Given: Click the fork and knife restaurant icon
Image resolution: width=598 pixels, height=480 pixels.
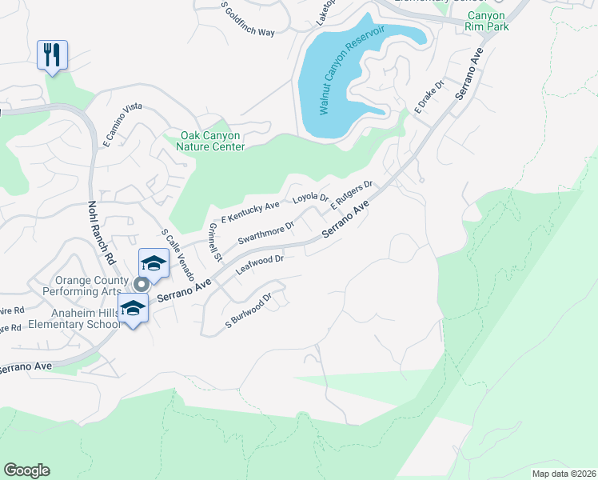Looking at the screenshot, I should pos(52,55).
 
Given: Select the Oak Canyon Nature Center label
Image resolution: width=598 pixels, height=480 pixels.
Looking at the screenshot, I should pos(201,141).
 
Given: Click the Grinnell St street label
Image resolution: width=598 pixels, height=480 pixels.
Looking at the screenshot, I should pos(213,242).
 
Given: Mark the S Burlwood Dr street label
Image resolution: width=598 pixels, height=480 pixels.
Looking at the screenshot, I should pos(249,310).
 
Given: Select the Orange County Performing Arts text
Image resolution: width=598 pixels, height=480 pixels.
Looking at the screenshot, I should pos(91,286).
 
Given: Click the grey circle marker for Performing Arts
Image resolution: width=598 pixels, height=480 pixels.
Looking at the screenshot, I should pos(142,283).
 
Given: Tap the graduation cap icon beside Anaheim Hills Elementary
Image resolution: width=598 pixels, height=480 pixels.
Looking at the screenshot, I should pos(134,308).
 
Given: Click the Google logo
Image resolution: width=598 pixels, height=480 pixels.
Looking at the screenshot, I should pos(26,470).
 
